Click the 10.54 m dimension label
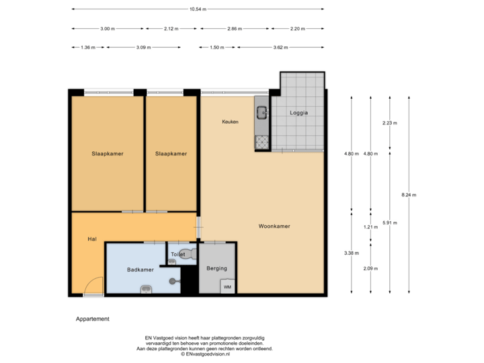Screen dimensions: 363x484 pos(198,9)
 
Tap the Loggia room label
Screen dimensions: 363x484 pos(299,113)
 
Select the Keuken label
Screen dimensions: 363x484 pos(231,122)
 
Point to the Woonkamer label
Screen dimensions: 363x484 pos(274,227)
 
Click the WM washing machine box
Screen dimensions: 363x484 pos(227,286)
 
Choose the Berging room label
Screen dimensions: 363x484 pos(216,268)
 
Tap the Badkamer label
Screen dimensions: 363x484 pos(140,270)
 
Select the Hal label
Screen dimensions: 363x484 pos(93,239)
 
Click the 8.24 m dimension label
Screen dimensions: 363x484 pos(409,195)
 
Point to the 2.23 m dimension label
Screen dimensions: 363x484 pos(389,123)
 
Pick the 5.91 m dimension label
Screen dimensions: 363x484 pos(389,222)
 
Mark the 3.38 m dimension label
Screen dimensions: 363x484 pos(351,253)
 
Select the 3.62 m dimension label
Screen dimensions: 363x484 pos(280,48)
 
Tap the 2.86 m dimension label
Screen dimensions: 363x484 pos(235,29)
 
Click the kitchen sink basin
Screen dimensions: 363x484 pos(261,113)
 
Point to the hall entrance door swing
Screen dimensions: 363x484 pos(95,286)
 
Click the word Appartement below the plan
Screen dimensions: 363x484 pos(92,319)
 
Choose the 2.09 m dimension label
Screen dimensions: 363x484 pos(370,269)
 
